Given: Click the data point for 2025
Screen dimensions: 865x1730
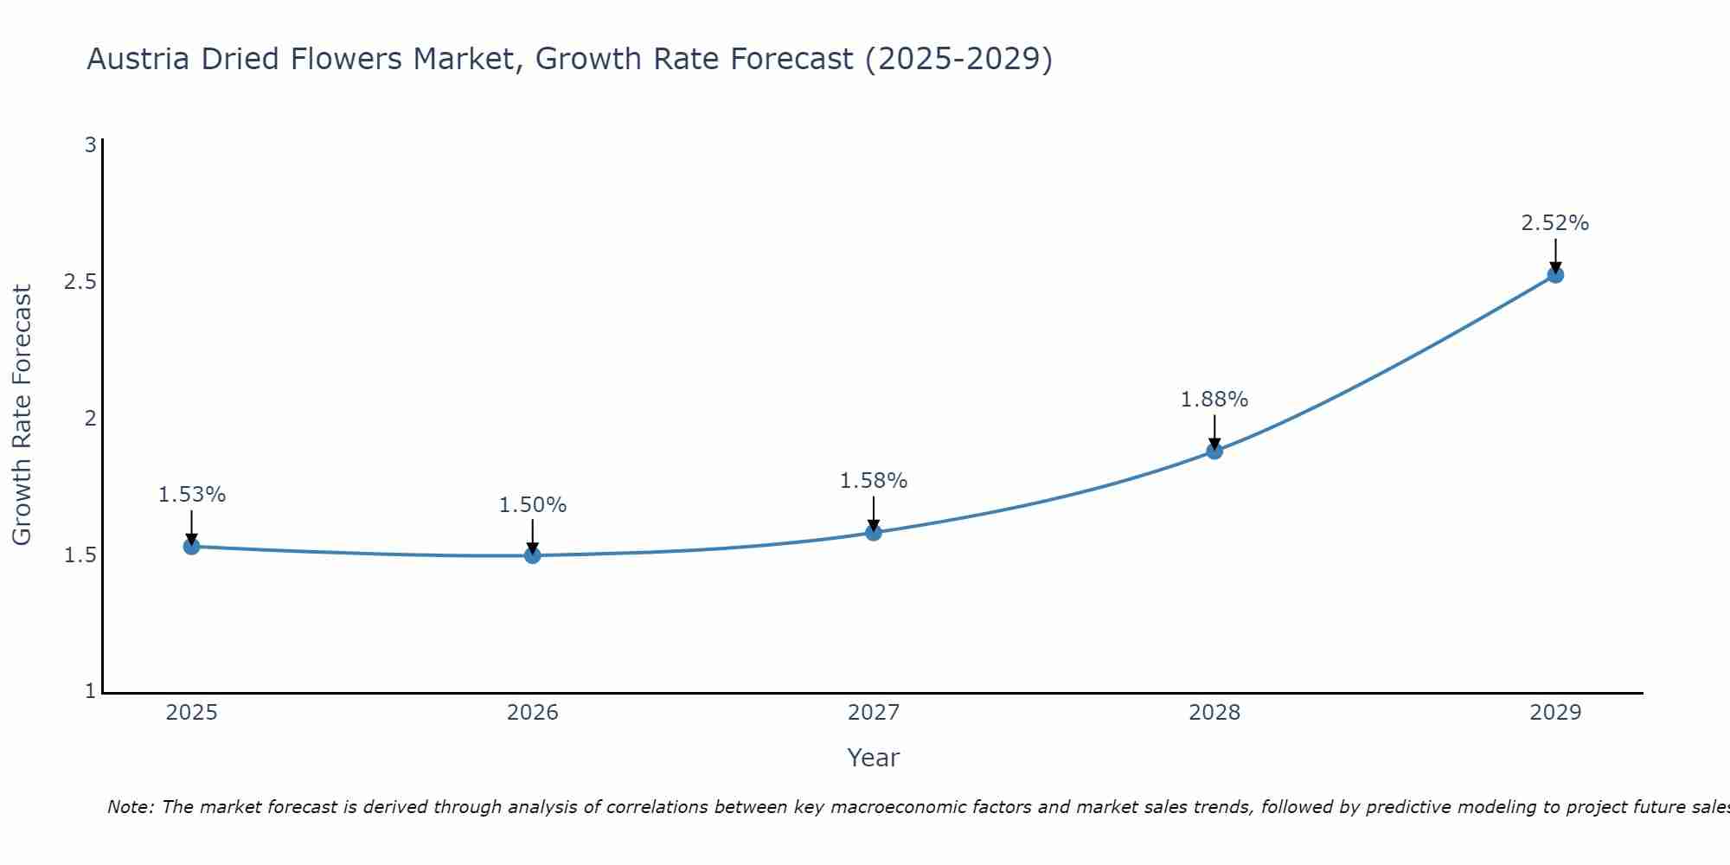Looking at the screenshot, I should [x=191, y=546].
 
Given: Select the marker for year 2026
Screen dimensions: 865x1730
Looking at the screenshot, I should [x=532, y=554].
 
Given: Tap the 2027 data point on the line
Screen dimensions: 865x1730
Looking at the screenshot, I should [x=874, y=532].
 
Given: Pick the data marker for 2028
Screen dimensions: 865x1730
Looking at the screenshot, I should [x=1214, y=451].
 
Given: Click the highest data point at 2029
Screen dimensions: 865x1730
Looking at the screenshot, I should [x=1555, y=275].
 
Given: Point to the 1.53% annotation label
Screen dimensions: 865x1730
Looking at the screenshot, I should [x=191, y=495].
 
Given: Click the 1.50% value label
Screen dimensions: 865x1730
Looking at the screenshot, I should [x=532, y=505].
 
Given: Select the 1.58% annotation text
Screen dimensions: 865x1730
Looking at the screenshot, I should [x=874, y=481].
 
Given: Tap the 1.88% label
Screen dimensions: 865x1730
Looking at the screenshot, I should [x=1214, y=400].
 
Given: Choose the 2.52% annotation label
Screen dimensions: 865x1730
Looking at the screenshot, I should [x=1555, y=223].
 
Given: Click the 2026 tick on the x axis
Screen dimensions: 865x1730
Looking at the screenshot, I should [x=532, y=713].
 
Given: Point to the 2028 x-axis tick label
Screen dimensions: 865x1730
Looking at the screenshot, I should [x=1214, y=713].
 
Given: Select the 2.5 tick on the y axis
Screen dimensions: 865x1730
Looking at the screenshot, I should [x=80, y=282].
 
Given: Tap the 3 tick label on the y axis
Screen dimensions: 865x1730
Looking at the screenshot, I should [x=90, y=145].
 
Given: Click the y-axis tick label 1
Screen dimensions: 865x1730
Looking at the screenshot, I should [x=90, y=691].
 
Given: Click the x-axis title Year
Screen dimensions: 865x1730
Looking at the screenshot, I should [x=874, y=758].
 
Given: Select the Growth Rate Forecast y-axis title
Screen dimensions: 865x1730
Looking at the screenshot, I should [x=22, y=415].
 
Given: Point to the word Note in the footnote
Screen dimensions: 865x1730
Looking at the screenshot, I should [x=130, y=807].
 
